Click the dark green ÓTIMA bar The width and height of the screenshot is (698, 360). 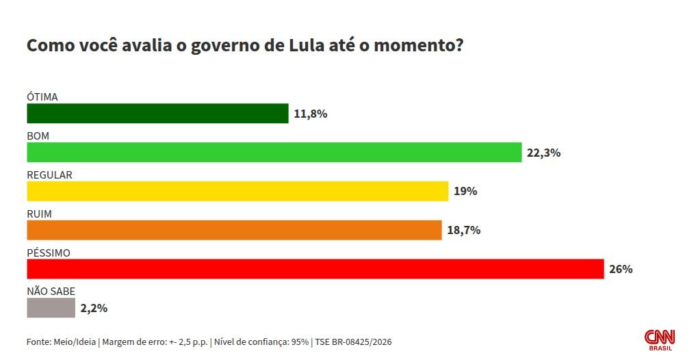(157, 114)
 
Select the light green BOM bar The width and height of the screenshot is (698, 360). (274, 153)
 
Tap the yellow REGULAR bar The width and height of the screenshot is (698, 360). (237, 192)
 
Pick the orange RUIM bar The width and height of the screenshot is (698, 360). (234, 231)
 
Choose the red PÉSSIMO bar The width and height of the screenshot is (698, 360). (315, 269)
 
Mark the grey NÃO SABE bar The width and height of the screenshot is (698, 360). (51, 308)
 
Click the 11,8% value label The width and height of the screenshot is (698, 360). (311, 114)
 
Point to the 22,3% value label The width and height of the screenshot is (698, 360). (544, 153)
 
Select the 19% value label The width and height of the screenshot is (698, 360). (465, 192)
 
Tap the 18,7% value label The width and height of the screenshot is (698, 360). (464, 231)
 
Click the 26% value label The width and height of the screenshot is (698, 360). (621, 269)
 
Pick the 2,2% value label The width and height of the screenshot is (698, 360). (94, 308)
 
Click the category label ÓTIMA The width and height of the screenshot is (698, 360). (42, 97)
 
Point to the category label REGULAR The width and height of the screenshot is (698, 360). (49, 175)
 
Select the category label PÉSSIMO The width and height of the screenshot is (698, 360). (49, 253)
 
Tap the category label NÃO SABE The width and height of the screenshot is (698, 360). (51, 292)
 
